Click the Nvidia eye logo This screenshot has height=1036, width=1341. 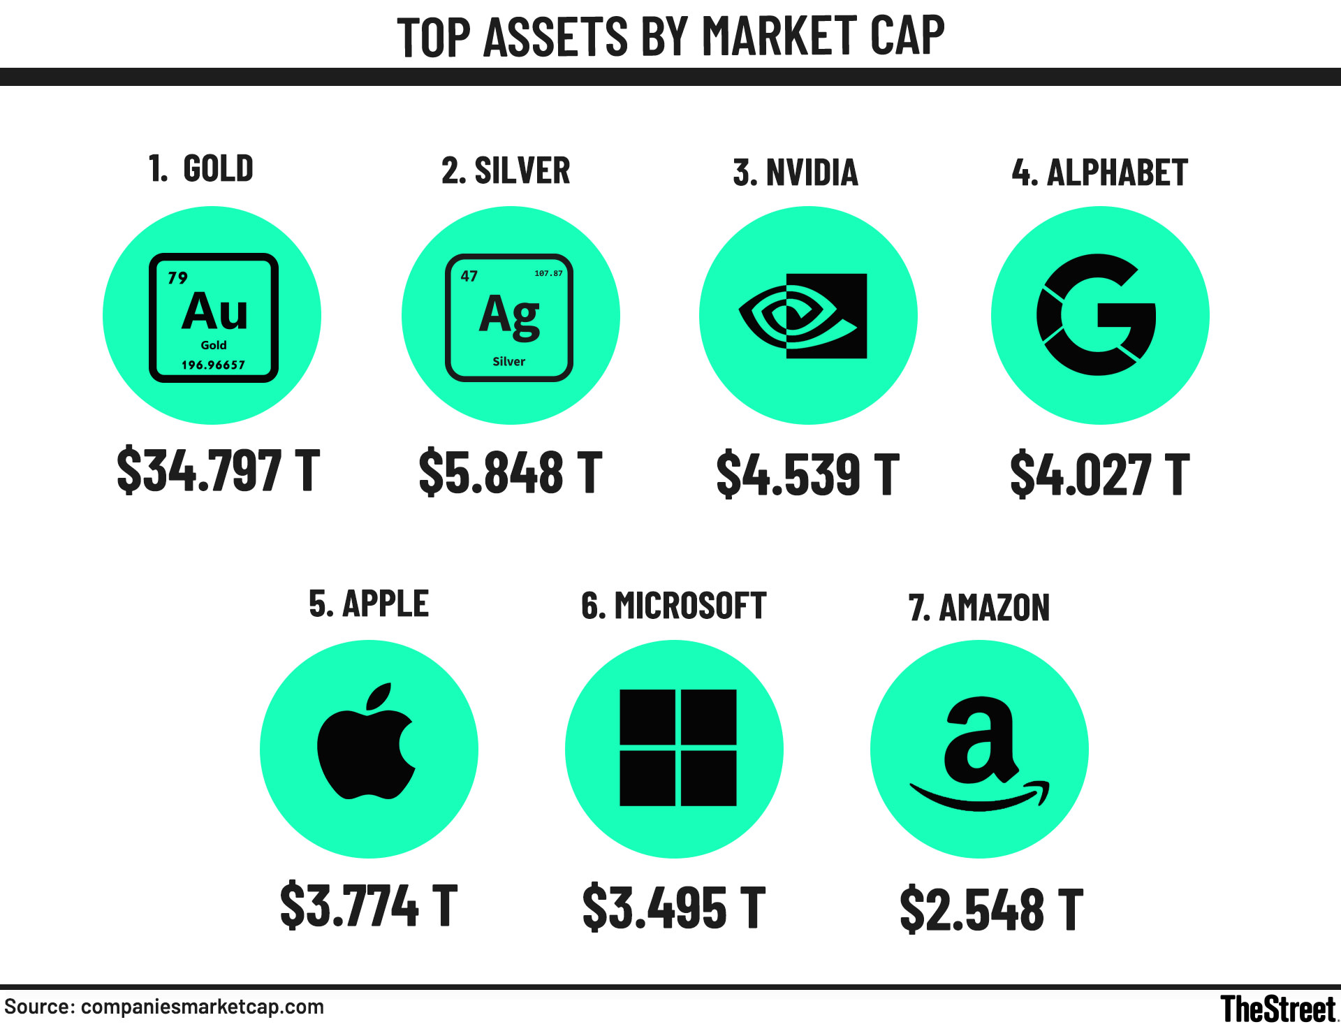tap(803, 316)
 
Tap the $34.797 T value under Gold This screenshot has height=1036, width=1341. tap(218, 471)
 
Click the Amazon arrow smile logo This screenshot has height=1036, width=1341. tap(979, 754)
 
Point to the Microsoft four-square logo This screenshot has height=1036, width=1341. tap(677, 747)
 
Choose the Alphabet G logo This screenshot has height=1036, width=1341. tap(1097, 315)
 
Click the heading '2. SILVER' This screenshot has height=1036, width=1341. tap(506, 170)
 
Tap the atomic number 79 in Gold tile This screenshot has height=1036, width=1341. tap(177, 278)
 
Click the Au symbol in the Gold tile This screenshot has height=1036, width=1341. tap(215, 312)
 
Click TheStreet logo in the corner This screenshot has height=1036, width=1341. tap(1277, 1009)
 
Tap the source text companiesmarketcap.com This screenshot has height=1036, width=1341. tap(202, 1007)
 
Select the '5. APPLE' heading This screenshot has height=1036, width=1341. tap(368, 604)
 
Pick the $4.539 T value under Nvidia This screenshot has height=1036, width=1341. tap(807, 474)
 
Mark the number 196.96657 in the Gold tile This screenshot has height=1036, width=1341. tap(213, 365)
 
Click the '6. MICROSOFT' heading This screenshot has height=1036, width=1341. tap(673, 606)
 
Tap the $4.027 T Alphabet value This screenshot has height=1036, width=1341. tap(1099, 474)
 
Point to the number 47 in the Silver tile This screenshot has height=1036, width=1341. tap(469, 277)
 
